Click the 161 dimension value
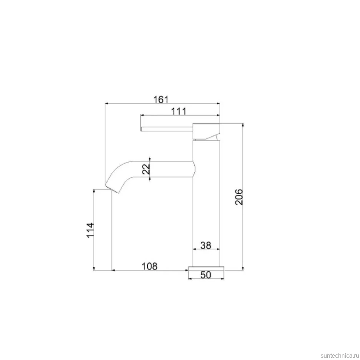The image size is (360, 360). pyautogui.click(x=161, y=99)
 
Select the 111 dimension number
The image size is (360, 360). pyautogui.click(x=179, y=111)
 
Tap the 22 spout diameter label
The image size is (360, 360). pyautogui.click(x=146, y=169)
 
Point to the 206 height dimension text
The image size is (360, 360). pyautogui.click(x=239, y=197)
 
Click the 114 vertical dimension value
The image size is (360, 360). pyautogui.click(x=90, y=230)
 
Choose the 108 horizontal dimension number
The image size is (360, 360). pyautogui.click(x=150, y=266)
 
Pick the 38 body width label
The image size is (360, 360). pyautogui.click(x=206, y=245)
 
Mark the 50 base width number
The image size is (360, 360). pyautogui.click(x=206, y=275)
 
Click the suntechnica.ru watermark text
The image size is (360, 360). pyautogui.click(x=340, y=356)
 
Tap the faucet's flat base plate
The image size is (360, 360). pyautogui.click(x=206, y=268)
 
